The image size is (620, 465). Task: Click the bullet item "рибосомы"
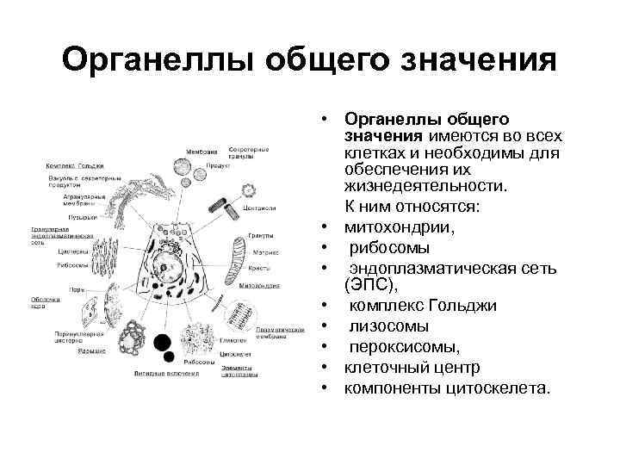pyautogui.click(x=388, y=248)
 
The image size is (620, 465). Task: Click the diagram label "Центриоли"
pyautogui.click(x=259, y=208)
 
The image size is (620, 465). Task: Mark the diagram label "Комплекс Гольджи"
pyautogui.click(x=75, y=164)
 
